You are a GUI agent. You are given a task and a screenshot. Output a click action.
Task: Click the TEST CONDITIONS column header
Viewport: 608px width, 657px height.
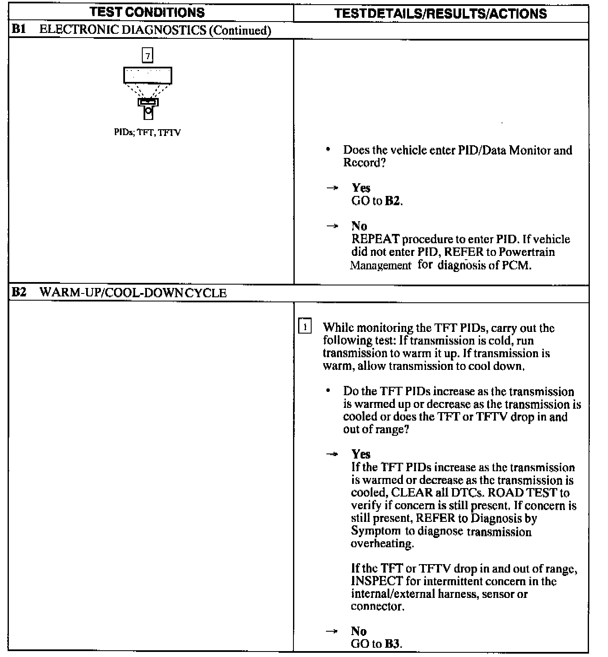(x=147, y=12)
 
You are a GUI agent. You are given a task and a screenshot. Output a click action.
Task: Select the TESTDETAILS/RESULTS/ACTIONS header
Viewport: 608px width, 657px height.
(x=440, y=14)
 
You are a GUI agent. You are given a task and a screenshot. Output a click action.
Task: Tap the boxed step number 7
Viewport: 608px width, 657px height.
(x=147, y=55)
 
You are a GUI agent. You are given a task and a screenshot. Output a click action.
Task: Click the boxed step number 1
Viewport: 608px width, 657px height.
(x=305, y=327)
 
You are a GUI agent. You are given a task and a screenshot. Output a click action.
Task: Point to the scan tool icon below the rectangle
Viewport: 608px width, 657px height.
(x=148, y=109)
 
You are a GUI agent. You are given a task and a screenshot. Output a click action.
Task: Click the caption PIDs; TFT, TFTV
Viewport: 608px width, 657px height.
(x=147, y=133)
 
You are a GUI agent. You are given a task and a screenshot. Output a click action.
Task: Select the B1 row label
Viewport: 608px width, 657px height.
(x=19, y=30)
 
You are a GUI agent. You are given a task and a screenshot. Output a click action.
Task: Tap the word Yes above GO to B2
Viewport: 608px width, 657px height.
(x=361, y=188)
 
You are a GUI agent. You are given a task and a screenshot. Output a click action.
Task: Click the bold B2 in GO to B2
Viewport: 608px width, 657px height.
(x=392, y=201)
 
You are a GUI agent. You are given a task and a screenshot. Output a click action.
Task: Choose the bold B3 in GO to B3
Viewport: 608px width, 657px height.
(x=392, y=644)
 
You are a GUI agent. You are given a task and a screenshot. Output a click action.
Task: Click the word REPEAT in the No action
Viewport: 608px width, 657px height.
(x=375, y=239)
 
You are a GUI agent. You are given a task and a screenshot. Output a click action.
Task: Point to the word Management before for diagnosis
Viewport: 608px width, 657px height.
(x=380, y=266)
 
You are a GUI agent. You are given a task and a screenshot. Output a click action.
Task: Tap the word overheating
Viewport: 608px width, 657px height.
(x=382, y=544)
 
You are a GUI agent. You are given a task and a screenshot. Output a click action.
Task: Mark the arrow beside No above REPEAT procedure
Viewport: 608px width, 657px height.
(x=333, y=226)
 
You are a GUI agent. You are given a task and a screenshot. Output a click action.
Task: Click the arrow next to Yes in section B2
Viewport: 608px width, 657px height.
(x=332, y=454)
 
